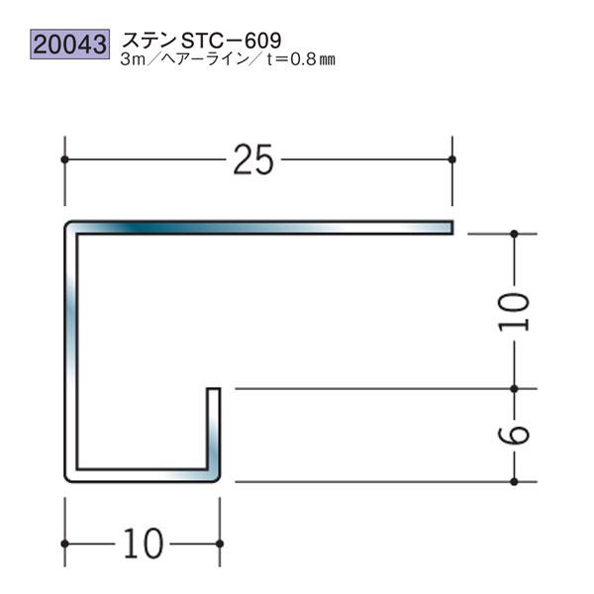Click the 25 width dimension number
254,159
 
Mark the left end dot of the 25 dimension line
65,158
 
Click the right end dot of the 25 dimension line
451,158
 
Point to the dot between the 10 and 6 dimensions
515,389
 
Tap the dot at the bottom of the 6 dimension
515,481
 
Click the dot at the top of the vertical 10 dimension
515,234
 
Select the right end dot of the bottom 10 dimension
219,544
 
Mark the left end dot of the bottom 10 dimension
65,544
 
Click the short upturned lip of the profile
213,426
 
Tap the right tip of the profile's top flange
449,228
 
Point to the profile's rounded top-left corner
70,228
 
